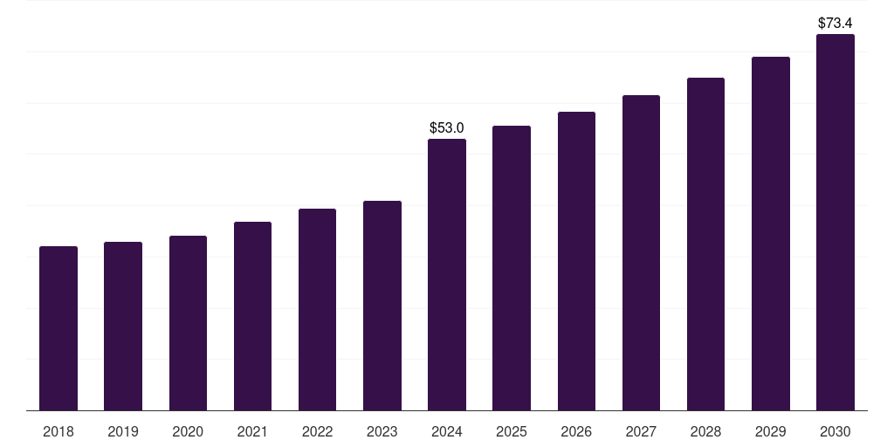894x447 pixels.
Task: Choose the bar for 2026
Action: pyautogui.click(x=576, y=261)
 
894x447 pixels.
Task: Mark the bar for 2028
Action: pyautogui.click(x=705, y=244)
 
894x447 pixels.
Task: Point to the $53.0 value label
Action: pyautogui.click(x=447, y=127)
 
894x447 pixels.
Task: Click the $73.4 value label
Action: pyautogui.click(x=836, y=23)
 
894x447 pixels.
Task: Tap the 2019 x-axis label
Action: pyautogui.click(x=123, y=431)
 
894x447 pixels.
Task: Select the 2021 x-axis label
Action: pyautogui.click(x=252, y=431)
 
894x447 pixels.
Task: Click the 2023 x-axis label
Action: pyautogui.click(x=382, y=431)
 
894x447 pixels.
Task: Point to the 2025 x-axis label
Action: pyautogui.click(x=512, y=431)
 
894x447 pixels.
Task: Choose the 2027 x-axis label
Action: pyautogui.click(x=641, y=431)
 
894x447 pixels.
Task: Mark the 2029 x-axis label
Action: pyautogui.click(x=771, y=431)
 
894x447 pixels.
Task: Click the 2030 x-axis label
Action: pyautogui.click(x=836, y=431)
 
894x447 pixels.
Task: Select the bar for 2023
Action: pyautogui.click(x=382, y=306)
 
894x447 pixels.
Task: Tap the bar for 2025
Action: pyautogui.click(x=512, y=268)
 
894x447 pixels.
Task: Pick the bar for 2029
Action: pyautogui.click(x=771, y=233)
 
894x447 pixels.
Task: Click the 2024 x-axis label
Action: pyautogui.click(x=447, y=431)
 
